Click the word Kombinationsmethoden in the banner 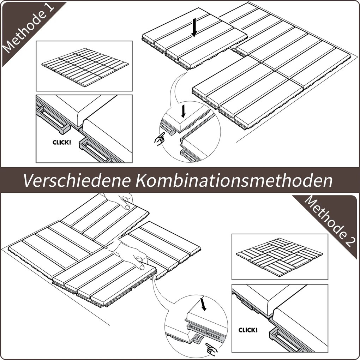coord(234,180)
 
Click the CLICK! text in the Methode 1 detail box coord(62,143)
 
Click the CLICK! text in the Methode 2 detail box coord(248,330)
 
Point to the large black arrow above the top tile coord(194,28)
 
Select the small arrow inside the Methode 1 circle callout coord(183,111)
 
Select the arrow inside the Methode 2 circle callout coord(203,304)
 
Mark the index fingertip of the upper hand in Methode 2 coord(127,207)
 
